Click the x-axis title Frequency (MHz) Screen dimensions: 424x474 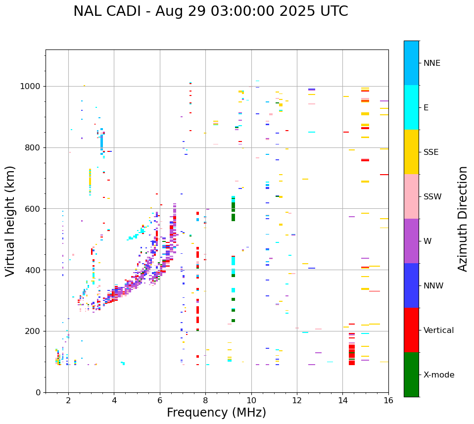pyautogui.click(x=216, y=413)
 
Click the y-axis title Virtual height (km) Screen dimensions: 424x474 pyautogui.click(x=10, y=221)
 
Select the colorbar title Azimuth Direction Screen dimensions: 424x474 pyautogui.click(x=463, y=219)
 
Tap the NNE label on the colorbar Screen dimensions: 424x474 pyautogui.click(x=431, y=63)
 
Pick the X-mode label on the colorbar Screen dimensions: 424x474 pyautogui.click(x=438, y=375)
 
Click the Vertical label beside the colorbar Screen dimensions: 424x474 pyautogui.click(x=438, y=330)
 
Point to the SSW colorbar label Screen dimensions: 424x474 pyautogui.click(x=432, y=197)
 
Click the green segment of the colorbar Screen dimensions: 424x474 pyautogui.click(x=411, y=375)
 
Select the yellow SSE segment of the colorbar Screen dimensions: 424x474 pyautogui.click(x=411, y=152)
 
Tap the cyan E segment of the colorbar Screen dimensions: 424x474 pyautogui.click(x=411, y=107)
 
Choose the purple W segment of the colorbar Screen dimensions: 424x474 pyautogui.click(x=411, y=241)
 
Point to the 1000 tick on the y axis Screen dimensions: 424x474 pyautogui.click(x=31, y=87)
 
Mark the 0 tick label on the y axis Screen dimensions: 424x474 pyautogui.click(x=39, y=392)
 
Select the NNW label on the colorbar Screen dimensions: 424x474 pyautogui.click(x=433, y=286)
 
